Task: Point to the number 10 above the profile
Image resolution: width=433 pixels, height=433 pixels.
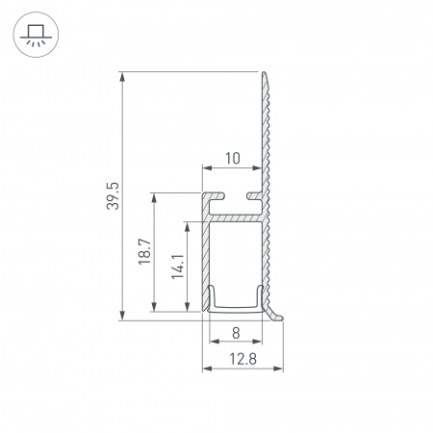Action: (232, 156)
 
